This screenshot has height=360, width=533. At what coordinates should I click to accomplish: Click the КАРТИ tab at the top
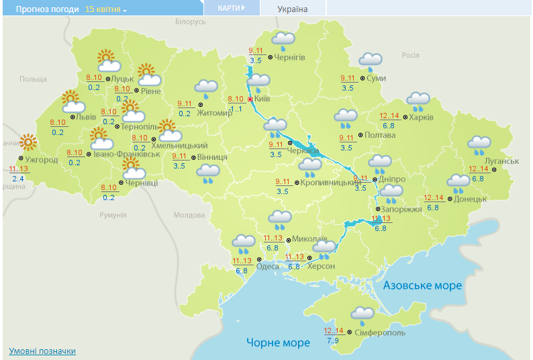click(x=230, y=9)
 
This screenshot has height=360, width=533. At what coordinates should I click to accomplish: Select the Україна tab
click(x=293, y=9)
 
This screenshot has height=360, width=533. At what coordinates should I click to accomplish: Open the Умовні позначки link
click(x=42, y=351)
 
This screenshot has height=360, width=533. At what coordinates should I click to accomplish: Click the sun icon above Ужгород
click(x=28, y=142)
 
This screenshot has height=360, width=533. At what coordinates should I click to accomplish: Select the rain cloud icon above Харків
click(x=418, y=101)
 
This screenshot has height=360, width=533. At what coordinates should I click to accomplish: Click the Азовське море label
click(x=422, y=285)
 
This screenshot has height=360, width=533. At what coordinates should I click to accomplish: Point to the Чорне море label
click(x=278, y=343)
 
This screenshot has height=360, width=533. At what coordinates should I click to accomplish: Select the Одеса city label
click(x=267, y=266)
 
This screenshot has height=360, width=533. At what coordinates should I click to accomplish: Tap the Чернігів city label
click(x=289, y=58)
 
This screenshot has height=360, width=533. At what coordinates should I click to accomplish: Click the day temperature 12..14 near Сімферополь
click(x=334, y=330)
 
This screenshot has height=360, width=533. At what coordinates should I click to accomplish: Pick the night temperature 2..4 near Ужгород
click(x=19, y=178)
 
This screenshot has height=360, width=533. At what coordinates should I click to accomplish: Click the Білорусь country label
click(x=190, y=22)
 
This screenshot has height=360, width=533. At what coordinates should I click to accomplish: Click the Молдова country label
click(x=189, y=216)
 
